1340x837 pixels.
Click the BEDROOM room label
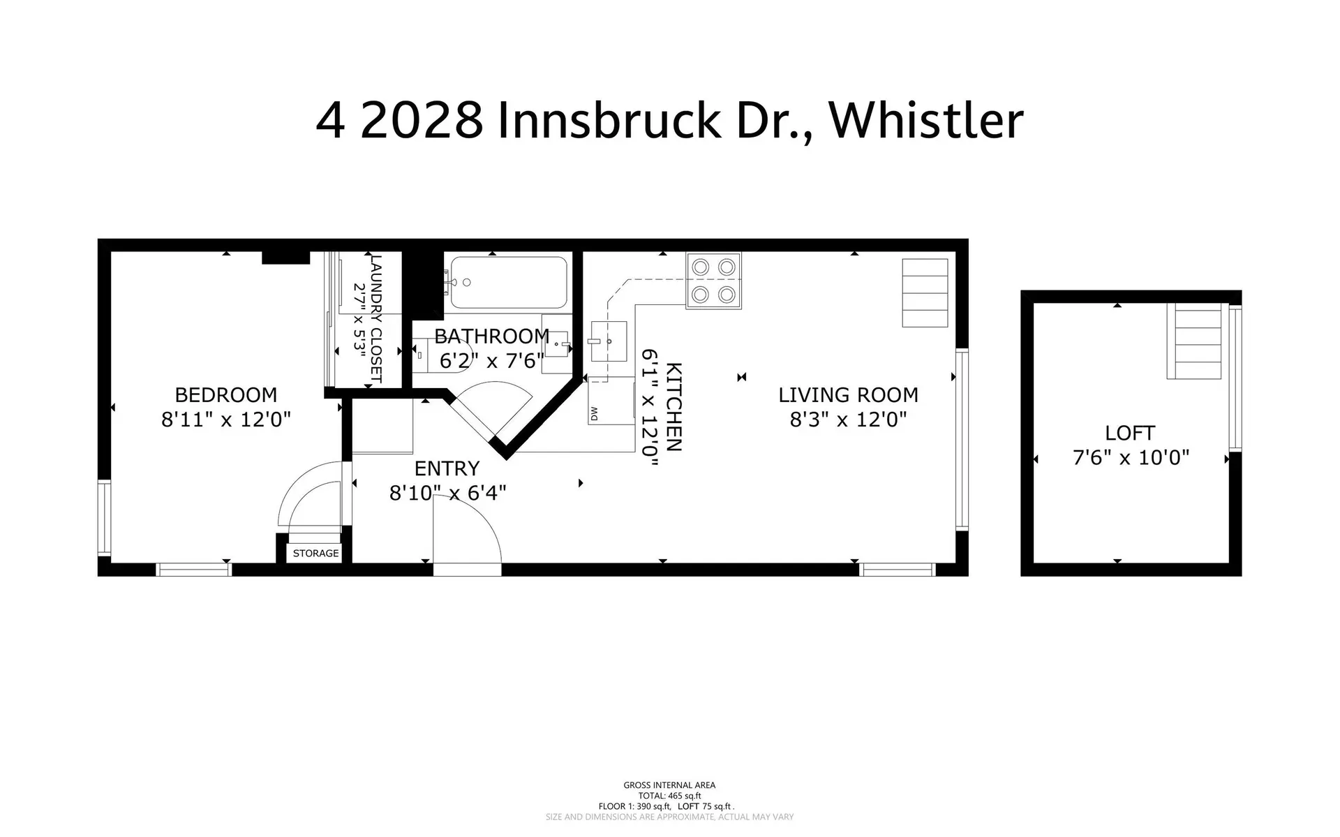tap(225, 395)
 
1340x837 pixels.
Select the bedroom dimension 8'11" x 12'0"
tap(225, 420)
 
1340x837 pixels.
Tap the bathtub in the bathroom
tap(509, 283)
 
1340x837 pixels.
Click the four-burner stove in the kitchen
tap(713, 281)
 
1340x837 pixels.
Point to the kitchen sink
tap(609, 341)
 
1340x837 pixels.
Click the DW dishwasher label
tap(594, 414)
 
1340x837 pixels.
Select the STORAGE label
tap(315, 553)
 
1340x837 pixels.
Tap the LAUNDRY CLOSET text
tap(376, 318)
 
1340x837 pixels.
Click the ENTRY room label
tap(447, 468)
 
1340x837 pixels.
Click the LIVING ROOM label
tap(848, 395)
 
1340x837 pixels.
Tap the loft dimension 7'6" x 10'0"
tap(1130, 458)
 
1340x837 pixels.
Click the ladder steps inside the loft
tap(1198, 341)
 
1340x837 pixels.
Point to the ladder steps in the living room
tap(925, 292)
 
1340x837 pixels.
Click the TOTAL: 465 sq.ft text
tap(669, 796)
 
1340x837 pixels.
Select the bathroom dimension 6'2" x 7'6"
tap(491, 361)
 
